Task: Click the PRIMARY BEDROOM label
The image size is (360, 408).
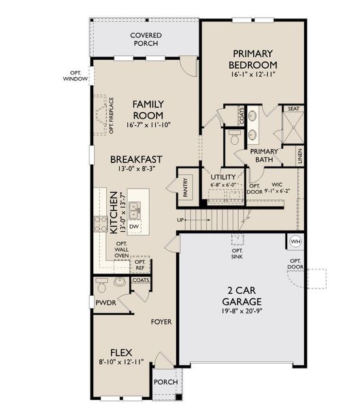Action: click(x=253, y=58)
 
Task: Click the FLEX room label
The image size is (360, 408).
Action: click(x=122, y=352)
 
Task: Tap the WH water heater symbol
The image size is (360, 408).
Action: click(x=295, y=242)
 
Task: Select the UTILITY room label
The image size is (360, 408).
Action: click(x=223, y=177)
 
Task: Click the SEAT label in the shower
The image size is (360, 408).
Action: click(x=294, y=109)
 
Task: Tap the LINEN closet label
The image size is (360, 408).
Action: click(x=299, y=155)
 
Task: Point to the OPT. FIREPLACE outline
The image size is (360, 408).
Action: click(x=103, y=114)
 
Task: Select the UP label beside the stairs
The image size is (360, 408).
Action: click(x=180, y=220)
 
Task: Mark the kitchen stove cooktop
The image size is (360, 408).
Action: click(x=100, y=224)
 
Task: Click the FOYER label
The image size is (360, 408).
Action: click(x=161, y=322)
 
